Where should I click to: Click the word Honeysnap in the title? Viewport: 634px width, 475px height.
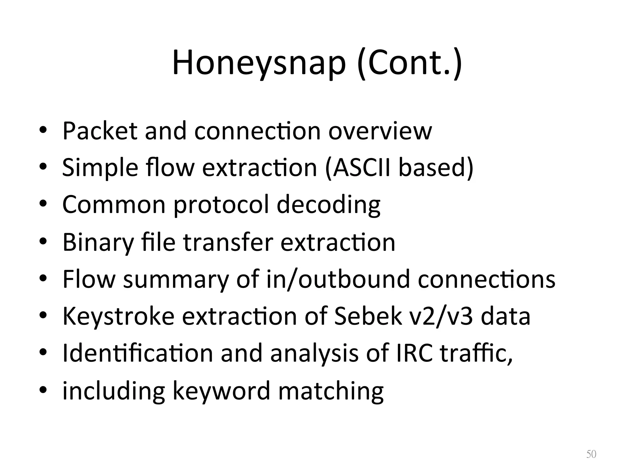pyautogui.click(x=258, y=63)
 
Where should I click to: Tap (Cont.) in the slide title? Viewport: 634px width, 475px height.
pyautogui.click(x=410, y=63)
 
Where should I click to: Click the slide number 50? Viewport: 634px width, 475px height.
pyautogui.click(x=591, y=454)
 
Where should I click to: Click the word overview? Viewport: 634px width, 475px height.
pyautogui.click(x=380, y=131)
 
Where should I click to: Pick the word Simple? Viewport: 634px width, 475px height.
pyautogui.click(x=100, y=167)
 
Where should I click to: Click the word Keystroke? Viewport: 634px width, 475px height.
pyautogui.click(x=119, y=316)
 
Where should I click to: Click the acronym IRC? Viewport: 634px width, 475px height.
pyautogui.click(x=414, y=353)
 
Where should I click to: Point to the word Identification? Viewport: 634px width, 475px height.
pyautogui.click(x=137, y=353)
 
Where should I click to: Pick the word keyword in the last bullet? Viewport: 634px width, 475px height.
pyautogui.click(x=221, y=391)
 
